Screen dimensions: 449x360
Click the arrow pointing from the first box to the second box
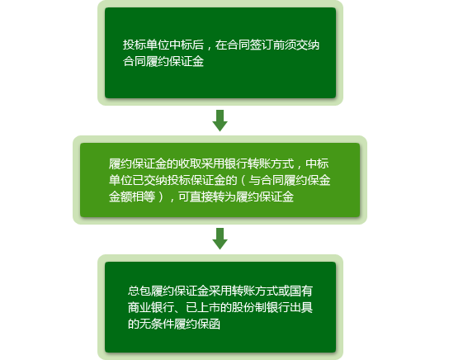[x=220, y=121]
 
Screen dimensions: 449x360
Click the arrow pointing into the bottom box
[x=220, y=239]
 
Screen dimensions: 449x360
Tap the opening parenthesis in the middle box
[x=243, y=180]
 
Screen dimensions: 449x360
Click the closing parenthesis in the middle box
[x=161, y=197]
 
